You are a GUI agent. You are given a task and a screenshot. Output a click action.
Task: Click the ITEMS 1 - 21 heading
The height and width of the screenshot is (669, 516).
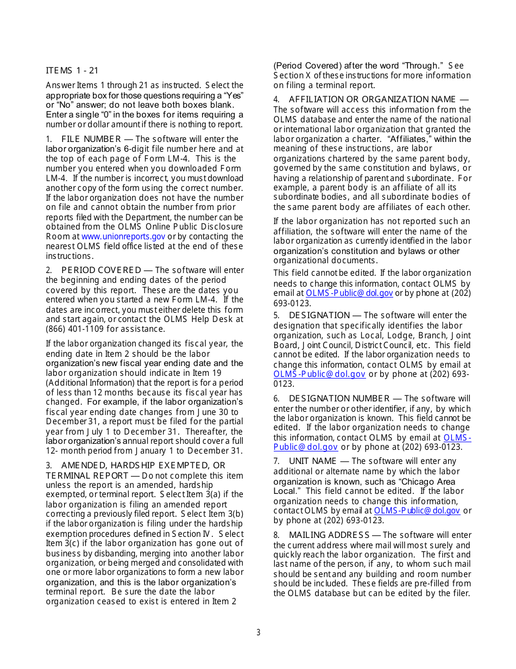click(x=72, y=70)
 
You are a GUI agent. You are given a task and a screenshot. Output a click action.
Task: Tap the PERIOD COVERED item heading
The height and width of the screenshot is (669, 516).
click(x=101, y=270)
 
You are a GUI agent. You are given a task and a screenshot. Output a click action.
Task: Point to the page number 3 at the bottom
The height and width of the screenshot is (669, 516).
click(x=259, y=633)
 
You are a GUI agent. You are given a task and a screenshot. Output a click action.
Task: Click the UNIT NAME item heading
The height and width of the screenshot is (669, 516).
click(x=312, y=461)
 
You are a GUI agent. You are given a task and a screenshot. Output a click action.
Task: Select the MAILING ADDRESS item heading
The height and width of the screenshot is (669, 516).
click(x=329, y=535)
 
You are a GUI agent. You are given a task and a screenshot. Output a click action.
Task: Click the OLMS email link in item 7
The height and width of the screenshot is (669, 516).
click(x=417, y=511)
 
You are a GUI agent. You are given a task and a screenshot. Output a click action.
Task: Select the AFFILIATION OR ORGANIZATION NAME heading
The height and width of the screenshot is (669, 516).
click(x=372, y=99)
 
